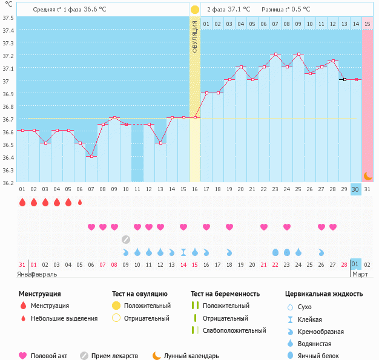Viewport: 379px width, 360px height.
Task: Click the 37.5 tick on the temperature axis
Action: (x=8, y=17)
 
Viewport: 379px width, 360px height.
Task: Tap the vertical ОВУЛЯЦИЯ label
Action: (x=194, y=36)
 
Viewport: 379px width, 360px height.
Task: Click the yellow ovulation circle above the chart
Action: (x=194, y=10)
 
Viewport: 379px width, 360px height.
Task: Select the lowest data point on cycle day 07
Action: (x=91, y=156)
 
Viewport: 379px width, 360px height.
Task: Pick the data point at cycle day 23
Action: (x=275, y=54)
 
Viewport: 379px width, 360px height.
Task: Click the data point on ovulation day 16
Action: (x=195, y=117)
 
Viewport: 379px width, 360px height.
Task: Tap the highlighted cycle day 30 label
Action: (x=355, y=189)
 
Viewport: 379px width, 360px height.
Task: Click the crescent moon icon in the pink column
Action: (x=367, y=175)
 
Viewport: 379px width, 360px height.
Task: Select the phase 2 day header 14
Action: (x=355, y=24)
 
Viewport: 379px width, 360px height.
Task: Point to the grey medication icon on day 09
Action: (x=126, y=239)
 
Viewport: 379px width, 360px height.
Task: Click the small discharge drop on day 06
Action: (x=80, y=202)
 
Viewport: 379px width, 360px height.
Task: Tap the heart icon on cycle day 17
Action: (x=206, y=227)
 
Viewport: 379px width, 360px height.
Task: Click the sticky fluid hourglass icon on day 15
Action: (x=183, y=252)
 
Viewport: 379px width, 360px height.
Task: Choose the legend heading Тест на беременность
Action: (x=225, y=294)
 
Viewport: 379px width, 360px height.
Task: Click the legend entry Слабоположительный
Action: (x=234, y=330)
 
